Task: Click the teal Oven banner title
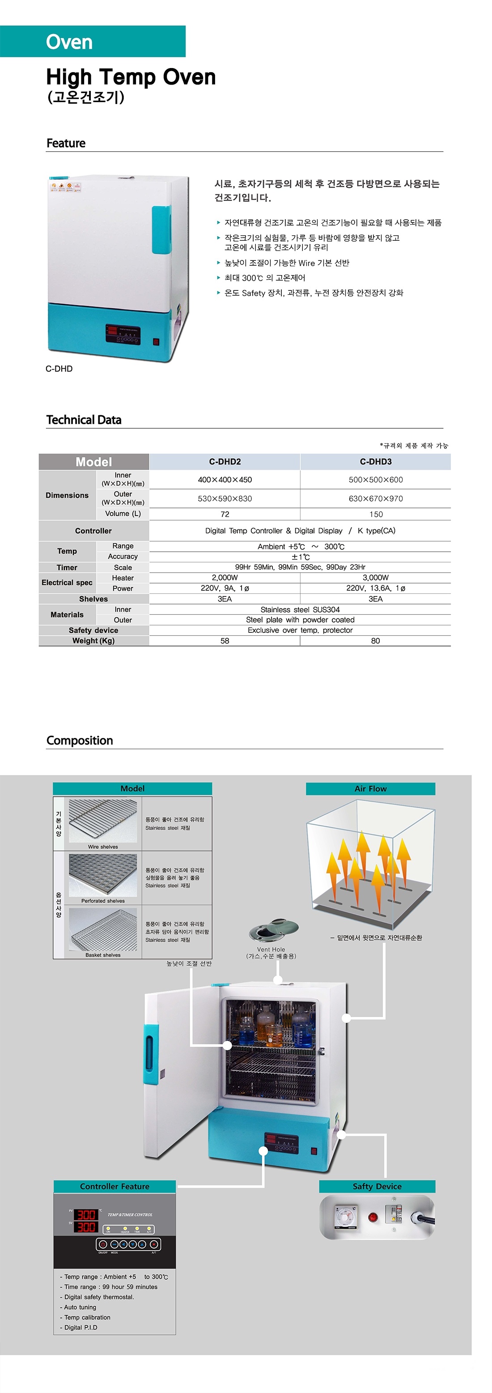tap(69, 42)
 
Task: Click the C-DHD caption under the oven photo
tap(59, 368)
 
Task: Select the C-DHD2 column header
tap(225, 461)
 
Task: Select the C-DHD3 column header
tap(376, 461)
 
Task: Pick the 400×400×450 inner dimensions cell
tap(225, 480)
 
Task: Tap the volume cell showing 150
tap(376, 514)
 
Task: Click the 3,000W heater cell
tap(376, 578)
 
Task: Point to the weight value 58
tap(225, 641)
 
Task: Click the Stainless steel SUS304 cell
tap(300, 609)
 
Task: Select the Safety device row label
tap(93, 630)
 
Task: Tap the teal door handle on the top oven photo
tap(161, 230)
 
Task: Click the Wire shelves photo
tap(103, 821)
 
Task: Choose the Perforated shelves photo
tap(103, 875)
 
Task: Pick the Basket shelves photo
tap(103, 929)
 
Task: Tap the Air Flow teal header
tap(370, 788)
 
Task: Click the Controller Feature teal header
tap(115, 1186)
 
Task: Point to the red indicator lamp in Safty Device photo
tap(373, 1218)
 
